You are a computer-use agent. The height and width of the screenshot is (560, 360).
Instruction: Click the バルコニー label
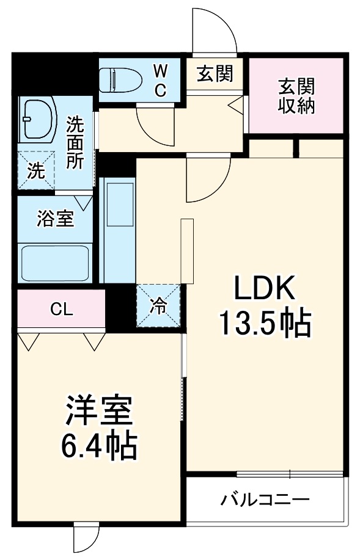tap(265, 500)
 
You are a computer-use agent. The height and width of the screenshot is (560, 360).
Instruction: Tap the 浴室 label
tap(55, 219)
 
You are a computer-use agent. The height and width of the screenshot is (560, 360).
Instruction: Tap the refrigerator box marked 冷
tap(158, 305)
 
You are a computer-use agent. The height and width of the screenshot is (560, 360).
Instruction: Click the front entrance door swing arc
tap(214, 31)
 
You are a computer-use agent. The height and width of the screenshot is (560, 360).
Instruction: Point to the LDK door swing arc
tap(207, 180)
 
